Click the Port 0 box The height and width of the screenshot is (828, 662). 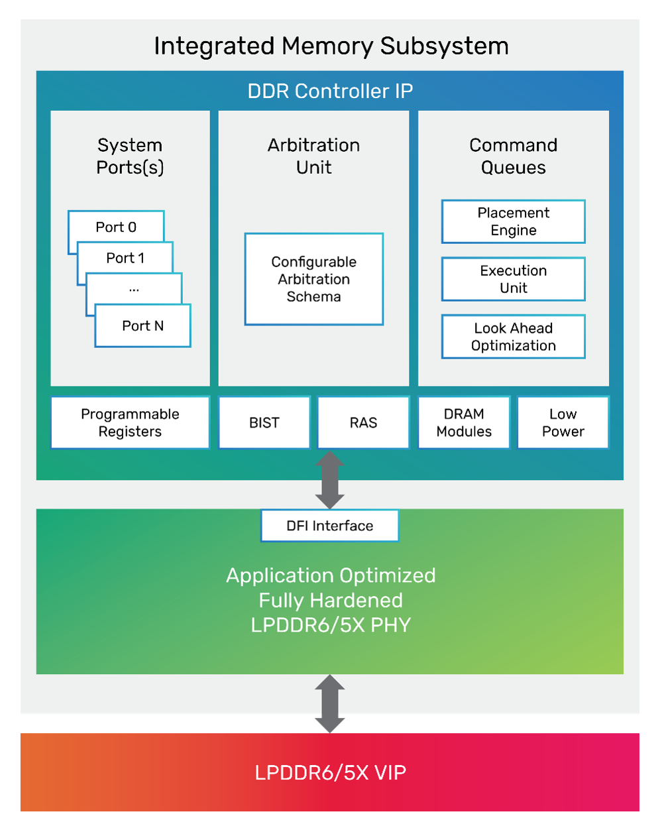coord(116,227)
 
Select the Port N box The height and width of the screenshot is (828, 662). coord(142,325)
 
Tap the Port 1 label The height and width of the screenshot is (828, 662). coord(125,258)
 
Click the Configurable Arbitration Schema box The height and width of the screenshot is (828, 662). coord(313,279)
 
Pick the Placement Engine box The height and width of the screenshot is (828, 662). coord(513,221)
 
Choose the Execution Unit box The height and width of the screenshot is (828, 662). coord(513,279)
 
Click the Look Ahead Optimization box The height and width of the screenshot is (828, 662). coord(513,337)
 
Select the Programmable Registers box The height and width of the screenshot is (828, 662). coord(130,422)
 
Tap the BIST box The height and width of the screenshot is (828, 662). coord(264,422)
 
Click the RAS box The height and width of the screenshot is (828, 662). coord(363,422)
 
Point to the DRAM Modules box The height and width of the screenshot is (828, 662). coord(464,422)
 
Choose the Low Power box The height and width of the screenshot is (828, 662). coord(563,422)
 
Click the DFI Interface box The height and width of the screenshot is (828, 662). coord(329,526)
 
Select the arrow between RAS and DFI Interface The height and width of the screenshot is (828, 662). coord(329,480)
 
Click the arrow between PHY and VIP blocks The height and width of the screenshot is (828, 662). coord(329,703)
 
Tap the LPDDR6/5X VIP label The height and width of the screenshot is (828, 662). coord(330,772)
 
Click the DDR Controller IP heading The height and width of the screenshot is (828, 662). coord(330,91)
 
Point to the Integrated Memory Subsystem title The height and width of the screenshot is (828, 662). coord(331,46)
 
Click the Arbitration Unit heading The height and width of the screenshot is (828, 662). coord(313,156)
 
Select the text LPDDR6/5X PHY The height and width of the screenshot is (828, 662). coord(331,625)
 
